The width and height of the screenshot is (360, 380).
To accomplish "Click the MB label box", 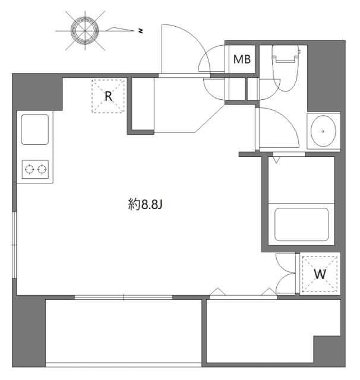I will tap(242, 59).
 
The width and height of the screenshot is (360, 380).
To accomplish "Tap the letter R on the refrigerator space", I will tap(109, 96).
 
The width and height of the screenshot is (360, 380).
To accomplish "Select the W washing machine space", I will tap(320, 274).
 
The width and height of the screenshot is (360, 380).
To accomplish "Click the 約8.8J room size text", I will tap(145, 205).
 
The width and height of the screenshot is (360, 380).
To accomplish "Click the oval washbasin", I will tap(323, 131).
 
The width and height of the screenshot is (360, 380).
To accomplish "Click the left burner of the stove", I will tap(28, 170).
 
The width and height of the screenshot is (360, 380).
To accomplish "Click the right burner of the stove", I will tap(42, 170).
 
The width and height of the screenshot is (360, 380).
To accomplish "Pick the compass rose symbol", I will tap(84, 28).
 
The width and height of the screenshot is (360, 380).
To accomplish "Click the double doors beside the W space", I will tap(286, 273).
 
